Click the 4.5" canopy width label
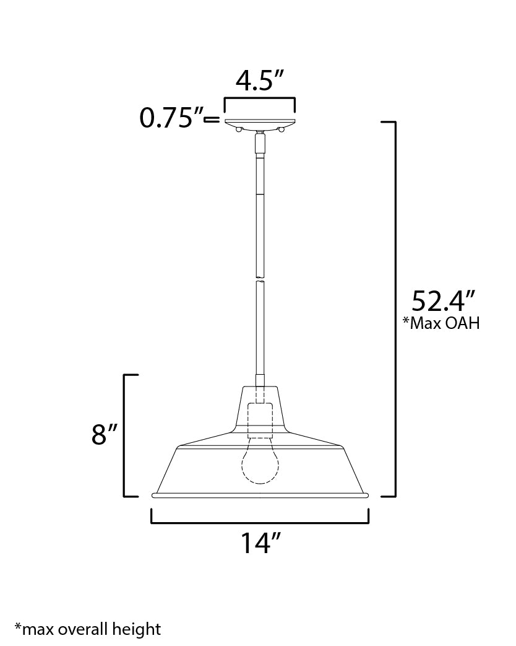(x=259, y=81)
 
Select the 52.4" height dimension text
(x=443, y=301)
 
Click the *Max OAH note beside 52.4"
(x=441, y=323)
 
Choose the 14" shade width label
(x=259, y=543)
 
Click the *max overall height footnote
(x=88, y=630)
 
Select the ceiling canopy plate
(x=260, y=122)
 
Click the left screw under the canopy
(x=238, y=128)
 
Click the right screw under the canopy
(x=282, y=128)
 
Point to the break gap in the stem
(x=260, y=279)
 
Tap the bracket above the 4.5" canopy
(x=259, y=99)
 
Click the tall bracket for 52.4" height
(x=393, y=310)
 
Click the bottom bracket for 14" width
(x=260, y=522)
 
